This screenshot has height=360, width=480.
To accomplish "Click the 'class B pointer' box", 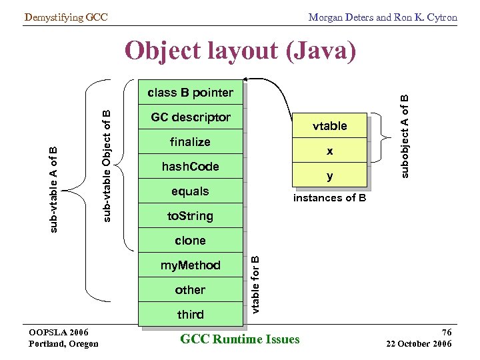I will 190,93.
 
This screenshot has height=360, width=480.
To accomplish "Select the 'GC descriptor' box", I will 190,117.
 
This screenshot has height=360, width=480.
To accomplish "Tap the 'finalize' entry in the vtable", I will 190,142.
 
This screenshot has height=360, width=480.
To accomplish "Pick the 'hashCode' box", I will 190,167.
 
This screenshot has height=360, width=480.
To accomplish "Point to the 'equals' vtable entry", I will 190,191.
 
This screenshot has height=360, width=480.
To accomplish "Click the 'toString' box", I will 190,216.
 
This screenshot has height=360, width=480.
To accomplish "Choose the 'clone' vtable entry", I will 190,241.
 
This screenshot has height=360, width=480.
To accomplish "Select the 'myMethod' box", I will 190,265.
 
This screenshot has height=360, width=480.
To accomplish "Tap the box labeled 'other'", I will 190,290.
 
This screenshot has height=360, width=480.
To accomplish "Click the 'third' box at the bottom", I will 190,315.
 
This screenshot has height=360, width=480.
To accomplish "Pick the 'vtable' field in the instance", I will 329,126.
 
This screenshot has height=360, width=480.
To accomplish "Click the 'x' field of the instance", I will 329,151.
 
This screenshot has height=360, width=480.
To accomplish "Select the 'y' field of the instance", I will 329,176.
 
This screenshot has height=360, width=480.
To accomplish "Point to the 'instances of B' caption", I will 329,199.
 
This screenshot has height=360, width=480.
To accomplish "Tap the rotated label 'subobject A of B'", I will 404,135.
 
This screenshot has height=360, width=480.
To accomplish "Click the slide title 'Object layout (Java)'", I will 240,51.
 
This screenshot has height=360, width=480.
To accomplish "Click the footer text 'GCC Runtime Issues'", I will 240,339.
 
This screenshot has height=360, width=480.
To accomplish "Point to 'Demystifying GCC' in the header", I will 65,17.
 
